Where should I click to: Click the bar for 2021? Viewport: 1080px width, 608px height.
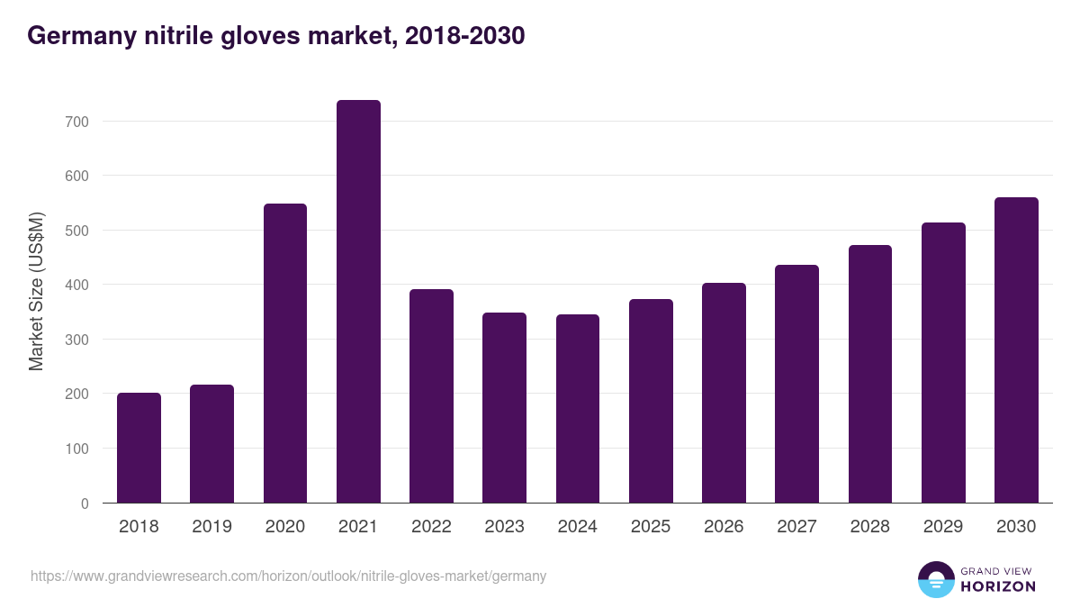[x=358, y=302]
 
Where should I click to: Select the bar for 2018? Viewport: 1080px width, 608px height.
[x=139, y=448]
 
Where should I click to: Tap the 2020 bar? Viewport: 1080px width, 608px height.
[x=285, y=353]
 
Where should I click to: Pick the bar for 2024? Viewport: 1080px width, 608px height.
[x=578, y=408]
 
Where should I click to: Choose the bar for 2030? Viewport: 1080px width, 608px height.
[x=1016, y=350]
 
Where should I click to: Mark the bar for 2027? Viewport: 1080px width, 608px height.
[x=796, y=384]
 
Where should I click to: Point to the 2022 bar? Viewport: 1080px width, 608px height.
[x=431, y=396]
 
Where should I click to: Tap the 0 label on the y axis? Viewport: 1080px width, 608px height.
[x=85, y=504]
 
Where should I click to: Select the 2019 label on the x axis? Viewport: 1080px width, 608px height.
[x=211, y=527]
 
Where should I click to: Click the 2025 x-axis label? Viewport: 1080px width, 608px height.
[x=651, y=527]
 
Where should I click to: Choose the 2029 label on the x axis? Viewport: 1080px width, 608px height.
[x=943, y=527]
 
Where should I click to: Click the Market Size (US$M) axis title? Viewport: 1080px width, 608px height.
[x=36, y=291]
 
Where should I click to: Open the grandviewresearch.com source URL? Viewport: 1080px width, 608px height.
[x=288, y=576]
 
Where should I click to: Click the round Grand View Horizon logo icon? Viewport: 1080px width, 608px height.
[x=936, y=579]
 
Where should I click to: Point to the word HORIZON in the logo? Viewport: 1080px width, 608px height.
[x=998, y=586]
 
